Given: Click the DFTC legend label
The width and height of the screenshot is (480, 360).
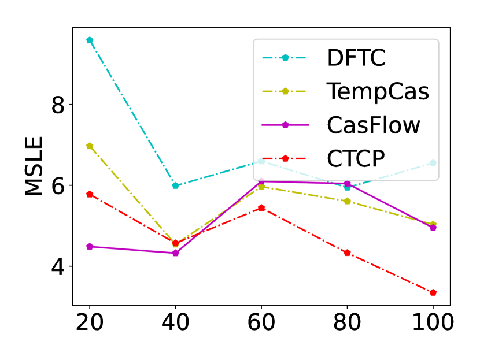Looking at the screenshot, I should coord(356,58).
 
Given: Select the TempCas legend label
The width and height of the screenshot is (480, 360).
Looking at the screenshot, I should coord(378,91).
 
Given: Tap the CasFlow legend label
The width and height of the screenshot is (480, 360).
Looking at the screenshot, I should coord(373,125).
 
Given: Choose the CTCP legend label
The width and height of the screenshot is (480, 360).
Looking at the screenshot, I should coord(355,158).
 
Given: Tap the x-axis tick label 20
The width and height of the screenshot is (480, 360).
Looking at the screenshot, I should coord(90,322).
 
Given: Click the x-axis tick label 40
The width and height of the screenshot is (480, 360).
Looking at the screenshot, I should coord(175,322).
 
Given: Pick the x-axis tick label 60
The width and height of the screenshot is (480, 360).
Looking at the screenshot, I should coord(261,322).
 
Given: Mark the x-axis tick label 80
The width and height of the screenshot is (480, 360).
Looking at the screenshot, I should coord(347,322).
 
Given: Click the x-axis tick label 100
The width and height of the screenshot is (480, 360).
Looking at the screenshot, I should coord(433,322).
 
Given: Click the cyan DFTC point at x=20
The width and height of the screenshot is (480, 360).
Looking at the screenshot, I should coord(90,40).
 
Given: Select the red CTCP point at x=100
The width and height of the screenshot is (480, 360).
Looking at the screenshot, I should coord(433,292).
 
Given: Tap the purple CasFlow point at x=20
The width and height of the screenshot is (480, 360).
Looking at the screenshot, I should coord(90,247).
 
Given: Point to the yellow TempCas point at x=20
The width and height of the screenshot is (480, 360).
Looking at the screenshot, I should coord(90,146).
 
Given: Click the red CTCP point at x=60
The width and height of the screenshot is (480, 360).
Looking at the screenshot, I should coord(261,208).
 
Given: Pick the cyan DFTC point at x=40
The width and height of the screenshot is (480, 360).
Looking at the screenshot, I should coord(175,185).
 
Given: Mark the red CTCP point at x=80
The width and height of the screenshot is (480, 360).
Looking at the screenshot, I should coord(347,253).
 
